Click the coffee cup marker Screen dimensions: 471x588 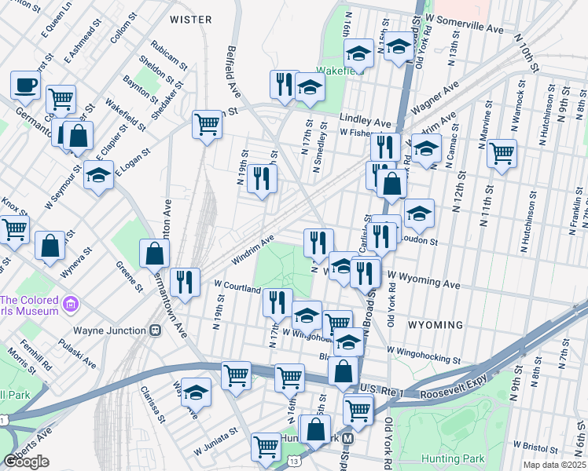click(x=25, y=85)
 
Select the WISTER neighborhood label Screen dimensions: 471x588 click(x=190, y=19)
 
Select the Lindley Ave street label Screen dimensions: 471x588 click(x=365, y=123)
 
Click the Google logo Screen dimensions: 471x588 click(x=27, y=461)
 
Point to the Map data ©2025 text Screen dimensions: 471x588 click(x=555, y=465)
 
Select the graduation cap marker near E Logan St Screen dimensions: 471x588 click(x=99, y=177)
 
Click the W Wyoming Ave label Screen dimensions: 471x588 click(x=423, y=282)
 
